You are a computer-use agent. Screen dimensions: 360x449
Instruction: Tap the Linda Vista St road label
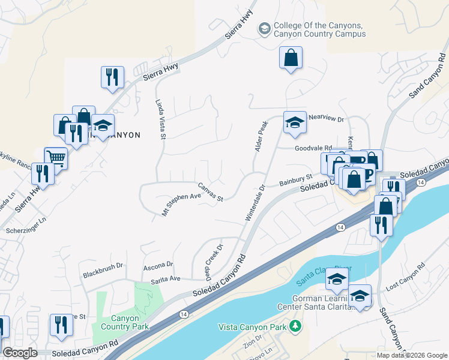pos(160,119)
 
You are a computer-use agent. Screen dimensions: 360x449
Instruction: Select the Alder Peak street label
pos(261,136)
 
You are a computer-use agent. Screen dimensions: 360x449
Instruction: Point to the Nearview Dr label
pos(326,119)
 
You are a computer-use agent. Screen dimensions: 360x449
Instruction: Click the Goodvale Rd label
pos(313,148)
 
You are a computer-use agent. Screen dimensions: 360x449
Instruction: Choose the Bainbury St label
pos(296,179)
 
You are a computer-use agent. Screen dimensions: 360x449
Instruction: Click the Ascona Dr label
pos(158,264)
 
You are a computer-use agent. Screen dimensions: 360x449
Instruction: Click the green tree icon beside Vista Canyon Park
pos(295,326)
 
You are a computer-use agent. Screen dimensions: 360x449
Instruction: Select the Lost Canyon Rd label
pos(405,281)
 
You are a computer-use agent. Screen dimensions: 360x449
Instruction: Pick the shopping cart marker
pos(56,158)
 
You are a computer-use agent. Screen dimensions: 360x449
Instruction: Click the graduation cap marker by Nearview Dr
pos(295,122)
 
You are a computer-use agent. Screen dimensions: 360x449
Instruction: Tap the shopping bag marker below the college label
pos(291,58)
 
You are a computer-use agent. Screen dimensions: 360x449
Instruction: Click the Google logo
pos(20,353)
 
